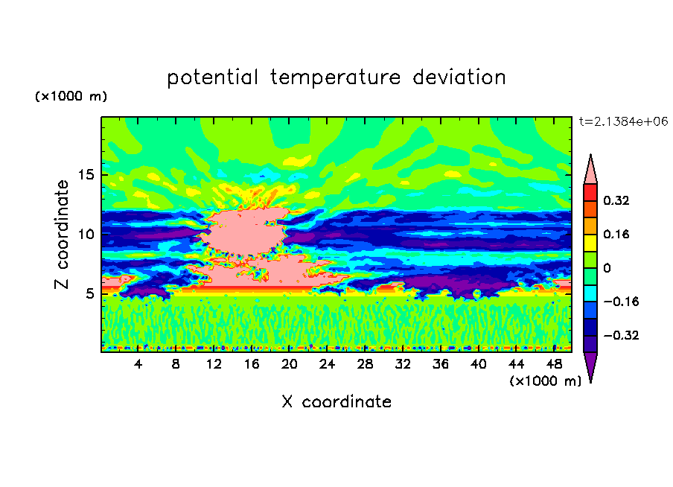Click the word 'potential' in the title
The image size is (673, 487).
click(212, 77)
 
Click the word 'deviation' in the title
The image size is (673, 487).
click(459, 77)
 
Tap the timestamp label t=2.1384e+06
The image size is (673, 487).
click(623, 121)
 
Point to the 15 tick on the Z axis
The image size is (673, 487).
click(86, 175)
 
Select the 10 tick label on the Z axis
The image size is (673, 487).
click(86, 234)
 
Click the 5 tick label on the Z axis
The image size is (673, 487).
click(89, 293)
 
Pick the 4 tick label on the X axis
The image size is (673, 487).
click(138, 364)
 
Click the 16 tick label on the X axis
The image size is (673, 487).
click(252, 364)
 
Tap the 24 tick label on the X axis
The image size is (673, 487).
click(327, 364)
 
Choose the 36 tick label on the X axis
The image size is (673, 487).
click(441, 364)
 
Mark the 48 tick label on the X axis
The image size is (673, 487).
click(554, 364)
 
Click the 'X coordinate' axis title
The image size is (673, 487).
click(336, 401)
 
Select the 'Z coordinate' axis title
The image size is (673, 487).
click(62, 235)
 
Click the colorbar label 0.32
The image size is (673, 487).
click(616, 200)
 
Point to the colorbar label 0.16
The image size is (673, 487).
click(616, 234)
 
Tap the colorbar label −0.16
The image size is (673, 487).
click(621, 302)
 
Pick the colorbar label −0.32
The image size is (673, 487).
click(621, 335)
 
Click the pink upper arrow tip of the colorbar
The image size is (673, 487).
click(590, 155)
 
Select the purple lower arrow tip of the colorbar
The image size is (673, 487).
click(590, 382)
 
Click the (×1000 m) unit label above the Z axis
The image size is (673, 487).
click(71, 96)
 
